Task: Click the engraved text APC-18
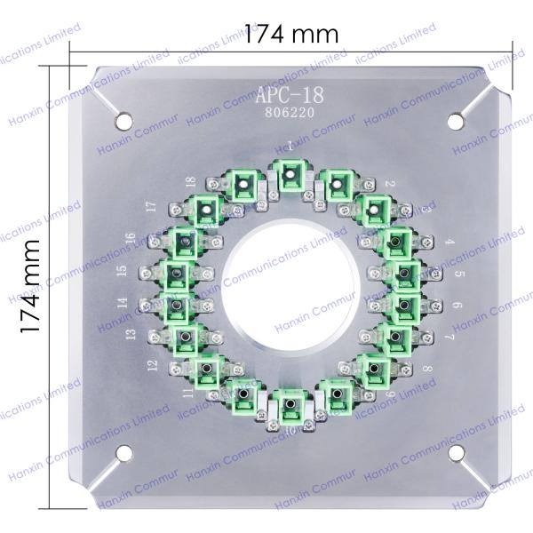click(290, 95)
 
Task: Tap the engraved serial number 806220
click(290, 113)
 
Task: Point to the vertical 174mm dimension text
click(32, 285)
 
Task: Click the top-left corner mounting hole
click(123, 117)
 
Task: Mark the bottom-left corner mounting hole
click(123, 451)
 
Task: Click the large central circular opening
click(290, 284)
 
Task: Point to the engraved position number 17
click(152, 206)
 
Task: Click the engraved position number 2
click(389, 184)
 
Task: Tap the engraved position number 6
click(456, 305)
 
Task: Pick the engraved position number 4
click(449, 241)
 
